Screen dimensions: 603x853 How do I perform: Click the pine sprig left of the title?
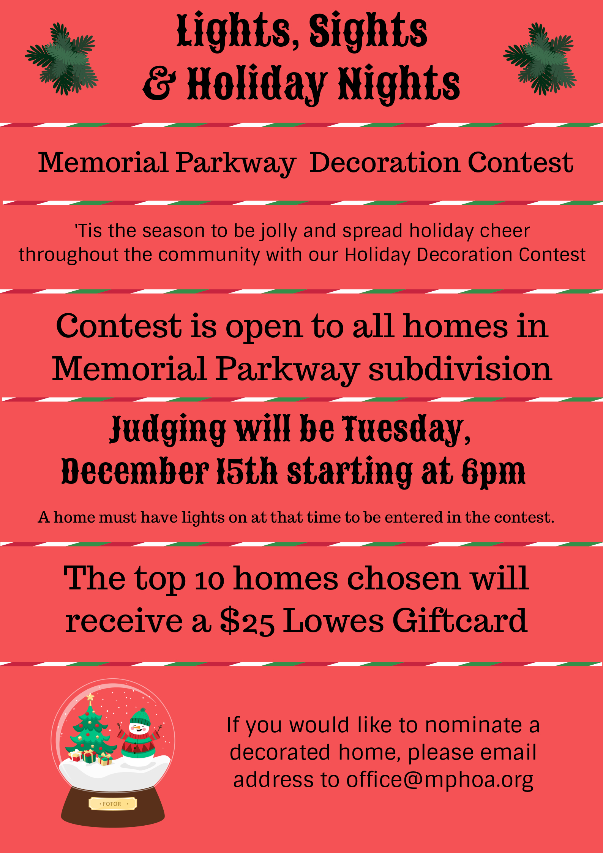(x=62, y=59)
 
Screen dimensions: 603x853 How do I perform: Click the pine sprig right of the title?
(x=540, y=59)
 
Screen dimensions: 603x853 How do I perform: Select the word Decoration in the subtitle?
(x=385, y=163)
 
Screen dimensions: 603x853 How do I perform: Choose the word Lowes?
(x=333, y=621)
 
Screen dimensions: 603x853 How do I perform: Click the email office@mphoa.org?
(x=440, y=780)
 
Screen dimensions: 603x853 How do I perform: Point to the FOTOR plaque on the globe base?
(x=113, y=804)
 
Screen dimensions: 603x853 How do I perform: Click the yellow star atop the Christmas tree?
(x=90, y=697)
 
